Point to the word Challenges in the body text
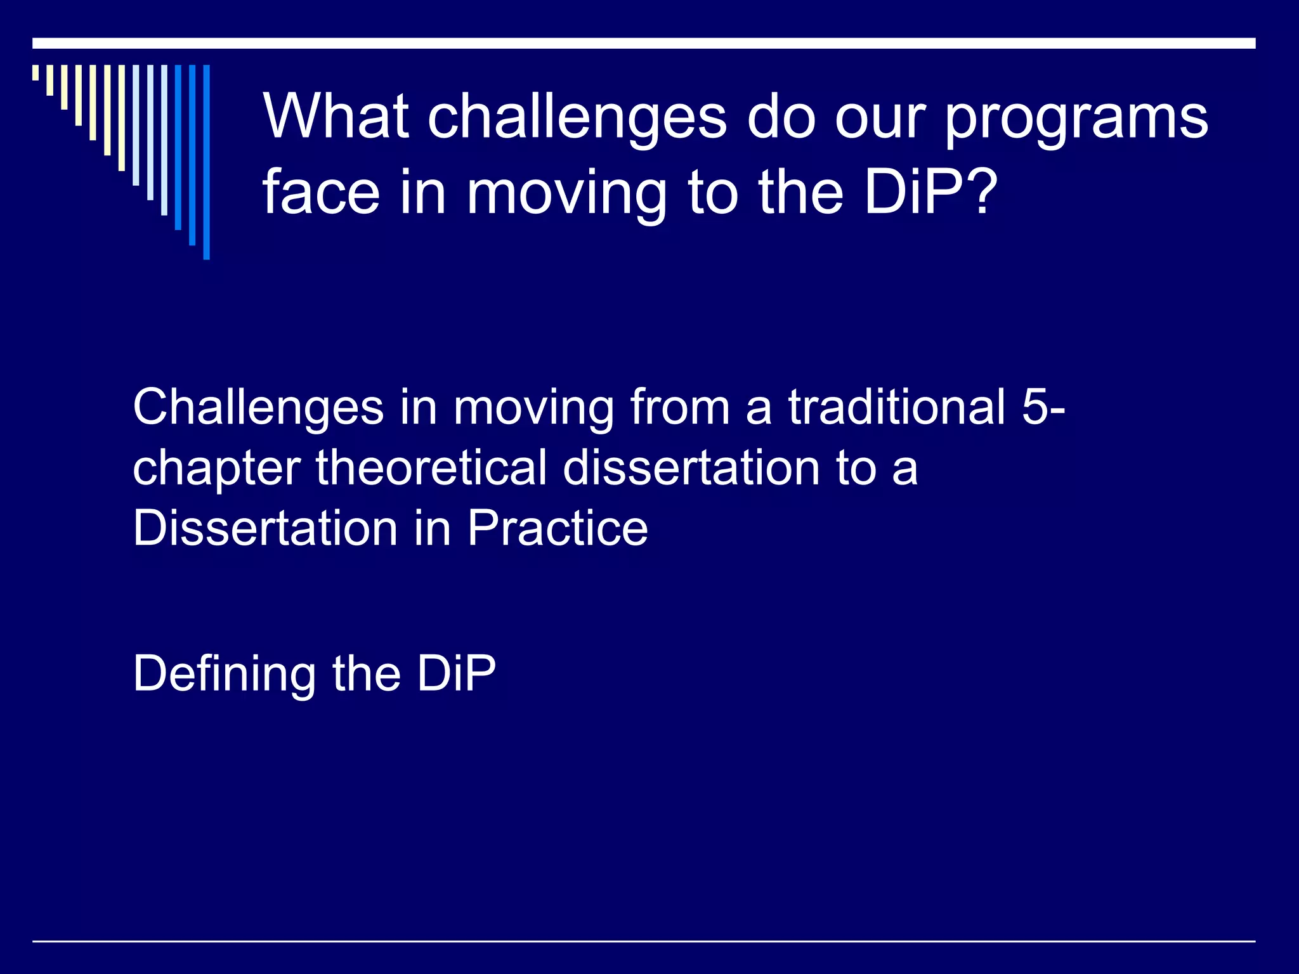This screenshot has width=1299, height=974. [258, 408]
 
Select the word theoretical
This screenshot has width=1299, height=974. [431, 468]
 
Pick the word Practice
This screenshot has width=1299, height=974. [558, 528]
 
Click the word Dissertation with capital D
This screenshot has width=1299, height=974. [264, 528]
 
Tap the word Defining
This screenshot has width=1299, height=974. [224, 675]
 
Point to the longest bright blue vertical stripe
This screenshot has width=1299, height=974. [206, 162]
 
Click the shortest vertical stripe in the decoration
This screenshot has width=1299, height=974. [36, 72]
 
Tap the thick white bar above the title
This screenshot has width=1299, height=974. [643, 43]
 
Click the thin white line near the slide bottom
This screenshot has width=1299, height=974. [643, 941]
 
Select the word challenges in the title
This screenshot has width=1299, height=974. [577, 117]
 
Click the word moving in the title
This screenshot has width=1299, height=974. [566, 194]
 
